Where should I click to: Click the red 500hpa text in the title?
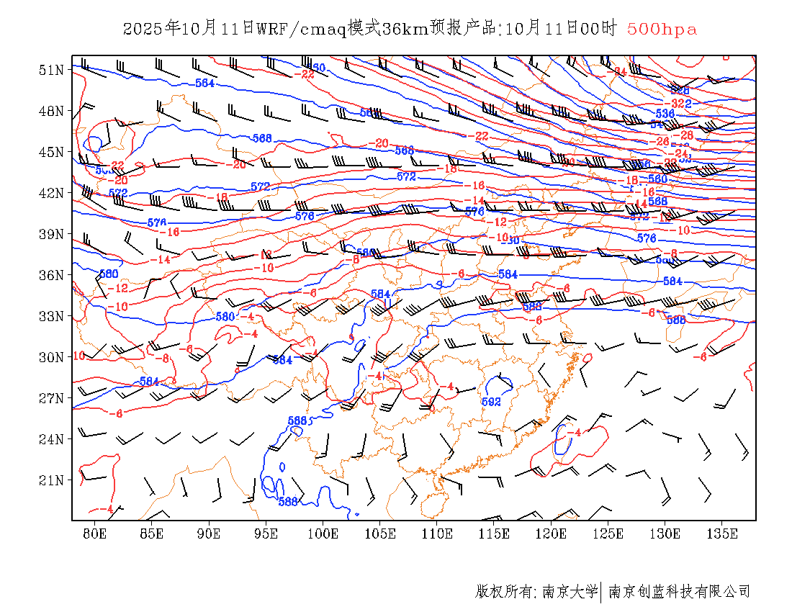[x=662, y=29]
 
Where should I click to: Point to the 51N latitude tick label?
[x=51, y=70]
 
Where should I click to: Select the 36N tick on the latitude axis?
[x=51, y=275]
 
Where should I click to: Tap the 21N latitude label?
[x=51, y=480]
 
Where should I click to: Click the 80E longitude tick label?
[x=95, y=534]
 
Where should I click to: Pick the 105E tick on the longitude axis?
[x=380, y=534]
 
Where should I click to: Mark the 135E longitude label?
[x=722, y=534]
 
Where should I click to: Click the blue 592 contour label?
[x=491, y=402]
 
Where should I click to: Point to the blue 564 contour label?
[x=205, y=84]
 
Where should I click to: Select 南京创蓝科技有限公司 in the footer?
[x=679, y=592]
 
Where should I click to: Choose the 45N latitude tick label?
[x=51, y=152]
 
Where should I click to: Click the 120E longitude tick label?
[x=552, y=534]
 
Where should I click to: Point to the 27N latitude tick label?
[x=51, y=398]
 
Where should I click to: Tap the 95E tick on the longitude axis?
[x=266, y=534]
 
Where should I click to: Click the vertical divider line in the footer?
[x=601, y=592]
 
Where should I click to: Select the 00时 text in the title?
[x=599, y=29]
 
